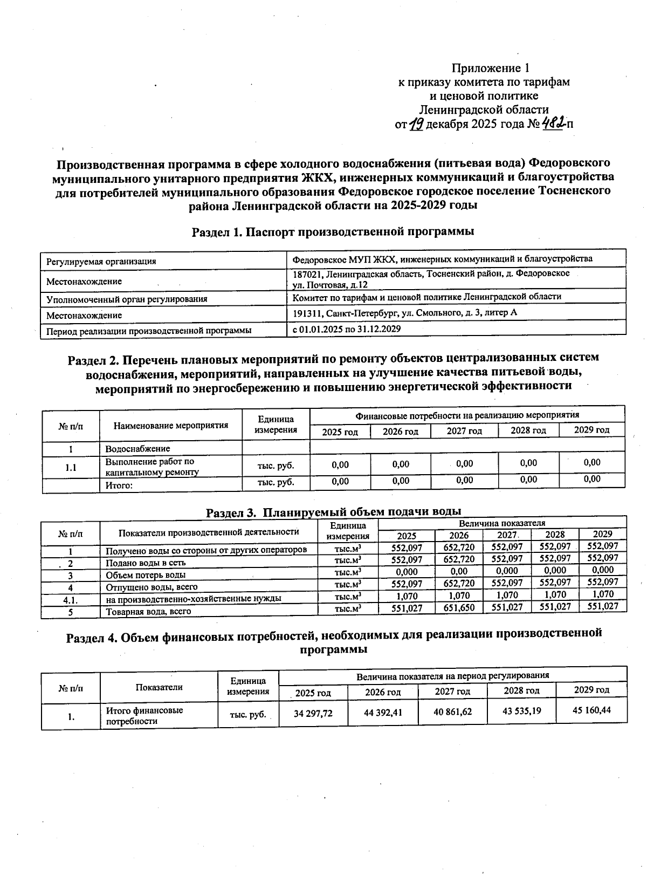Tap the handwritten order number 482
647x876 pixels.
coord(554,124)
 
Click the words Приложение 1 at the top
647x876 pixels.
coord(490,69)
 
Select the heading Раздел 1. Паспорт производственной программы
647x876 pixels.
coord(333,231)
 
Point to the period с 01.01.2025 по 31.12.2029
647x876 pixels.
coord(346,328)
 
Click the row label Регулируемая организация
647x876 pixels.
coord(101,262)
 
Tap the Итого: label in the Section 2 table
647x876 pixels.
coord(119,485)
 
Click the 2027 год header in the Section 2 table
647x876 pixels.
coord(464,431)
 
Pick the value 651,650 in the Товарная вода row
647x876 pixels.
coord(459,608)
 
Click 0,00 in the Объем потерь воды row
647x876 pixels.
coord(459,571)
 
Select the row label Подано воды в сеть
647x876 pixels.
coord(146,563)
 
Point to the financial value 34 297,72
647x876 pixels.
coord(313,713)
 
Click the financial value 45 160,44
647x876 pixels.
coord(591,710)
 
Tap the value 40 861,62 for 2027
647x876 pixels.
coord(452,712)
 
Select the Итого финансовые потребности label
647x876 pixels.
coord(144,716)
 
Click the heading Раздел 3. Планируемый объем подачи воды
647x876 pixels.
coord(333,511)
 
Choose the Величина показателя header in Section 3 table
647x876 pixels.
coord(501,523)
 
